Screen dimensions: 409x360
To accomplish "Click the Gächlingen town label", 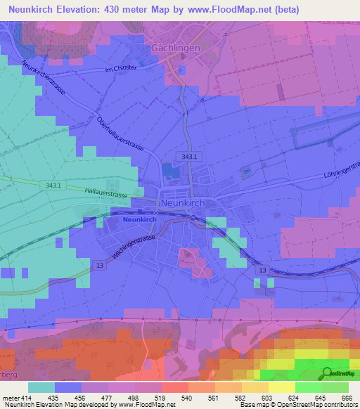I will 176,48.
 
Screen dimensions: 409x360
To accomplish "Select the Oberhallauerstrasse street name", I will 120,134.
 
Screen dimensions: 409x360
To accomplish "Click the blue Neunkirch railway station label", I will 139,219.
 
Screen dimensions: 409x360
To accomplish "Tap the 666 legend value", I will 345,397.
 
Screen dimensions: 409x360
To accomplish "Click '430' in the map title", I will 117,9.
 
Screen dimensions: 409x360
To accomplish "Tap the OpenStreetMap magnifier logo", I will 328,372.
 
